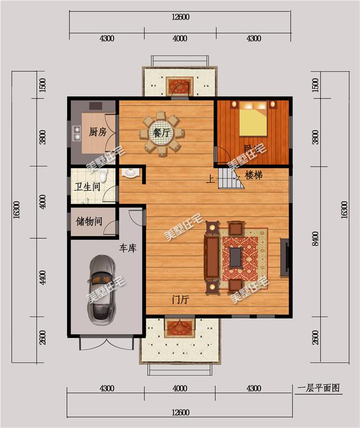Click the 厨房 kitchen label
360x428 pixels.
98,132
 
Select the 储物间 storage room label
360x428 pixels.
89,221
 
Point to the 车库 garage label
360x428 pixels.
128,247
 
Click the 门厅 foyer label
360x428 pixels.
180,300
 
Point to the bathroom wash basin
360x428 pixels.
130,172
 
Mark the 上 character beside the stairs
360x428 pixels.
210,180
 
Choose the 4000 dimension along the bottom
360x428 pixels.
180,389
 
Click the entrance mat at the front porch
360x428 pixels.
179,328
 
